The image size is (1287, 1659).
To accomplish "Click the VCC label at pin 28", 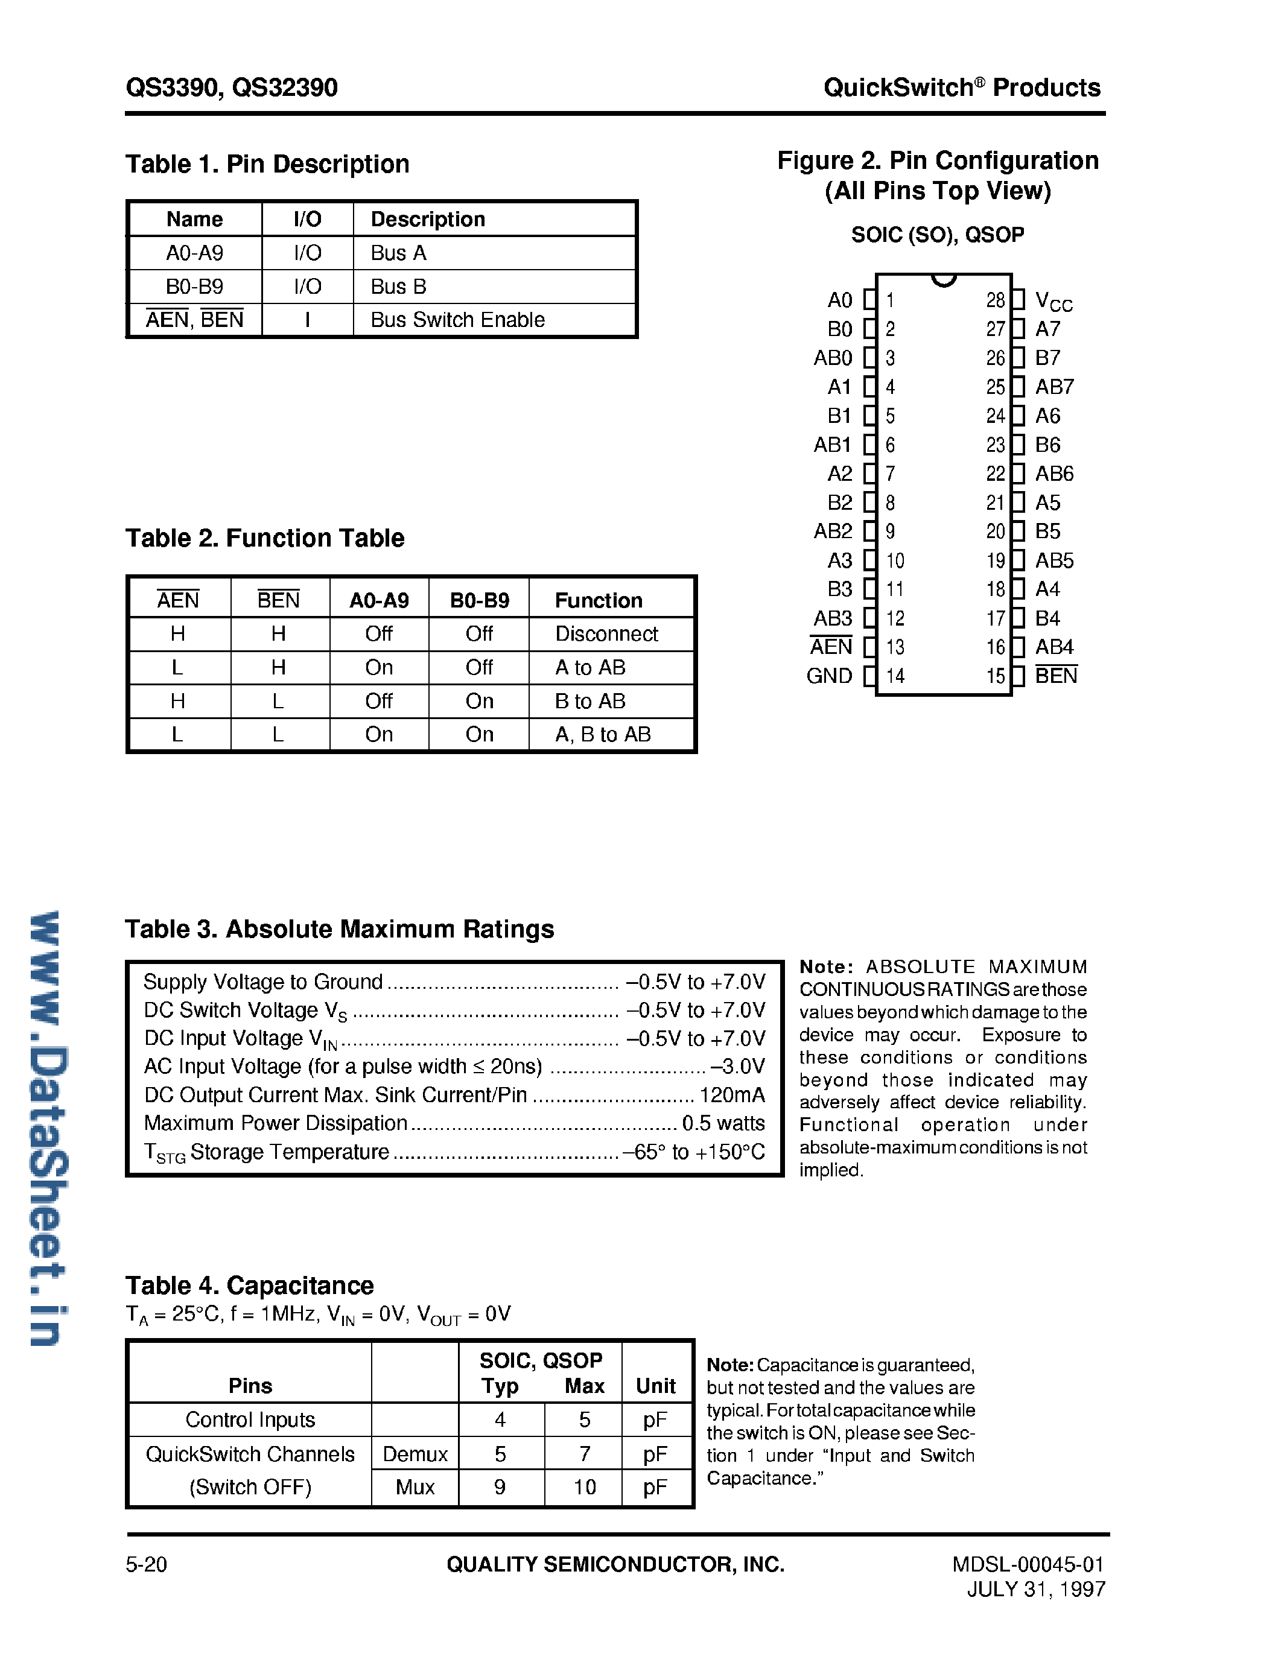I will click(1053, 301).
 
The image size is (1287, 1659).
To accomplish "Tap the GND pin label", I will click(829, 676).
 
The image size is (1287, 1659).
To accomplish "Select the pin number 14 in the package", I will click(895, 676).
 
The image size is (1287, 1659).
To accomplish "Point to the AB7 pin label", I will click(1055, 387).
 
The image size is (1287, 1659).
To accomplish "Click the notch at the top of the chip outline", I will click(944, 279).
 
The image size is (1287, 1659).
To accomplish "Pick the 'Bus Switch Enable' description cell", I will click(457, 320).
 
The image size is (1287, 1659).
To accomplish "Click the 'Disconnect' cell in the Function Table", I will click(606, 633).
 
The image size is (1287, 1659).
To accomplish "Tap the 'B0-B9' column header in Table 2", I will click(480, 600).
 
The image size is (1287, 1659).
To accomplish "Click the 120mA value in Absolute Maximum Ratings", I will click(732, 1094).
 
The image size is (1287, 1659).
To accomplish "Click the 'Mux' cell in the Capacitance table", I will click(415, 1486).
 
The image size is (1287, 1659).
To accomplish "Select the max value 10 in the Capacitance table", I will click(584, 1486).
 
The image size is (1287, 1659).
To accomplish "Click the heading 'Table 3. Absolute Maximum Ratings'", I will click(340, 929).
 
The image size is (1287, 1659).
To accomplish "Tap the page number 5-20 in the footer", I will click(146, 1565).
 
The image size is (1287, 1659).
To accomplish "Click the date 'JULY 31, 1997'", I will click(1035, 1589).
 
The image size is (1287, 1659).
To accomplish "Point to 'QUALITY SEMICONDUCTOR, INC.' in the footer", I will click(615, 1565).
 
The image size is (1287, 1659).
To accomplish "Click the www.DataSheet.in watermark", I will click(49, 1128).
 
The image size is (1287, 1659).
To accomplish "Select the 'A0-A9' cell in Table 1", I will click(194, 253).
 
